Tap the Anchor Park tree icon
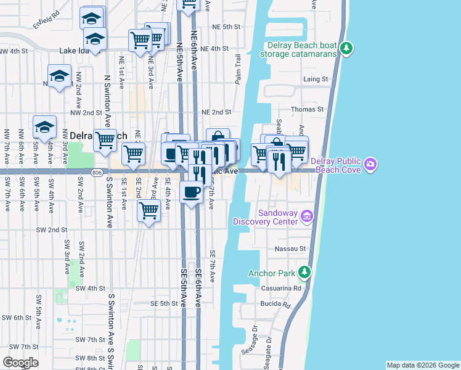303,272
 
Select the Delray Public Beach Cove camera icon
370,163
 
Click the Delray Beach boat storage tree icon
347,49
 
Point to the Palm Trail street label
238,68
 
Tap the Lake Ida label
75,50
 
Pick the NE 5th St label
225,27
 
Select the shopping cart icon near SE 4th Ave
149,211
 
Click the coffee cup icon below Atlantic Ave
191,192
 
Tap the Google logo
20,363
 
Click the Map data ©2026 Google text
422,365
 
